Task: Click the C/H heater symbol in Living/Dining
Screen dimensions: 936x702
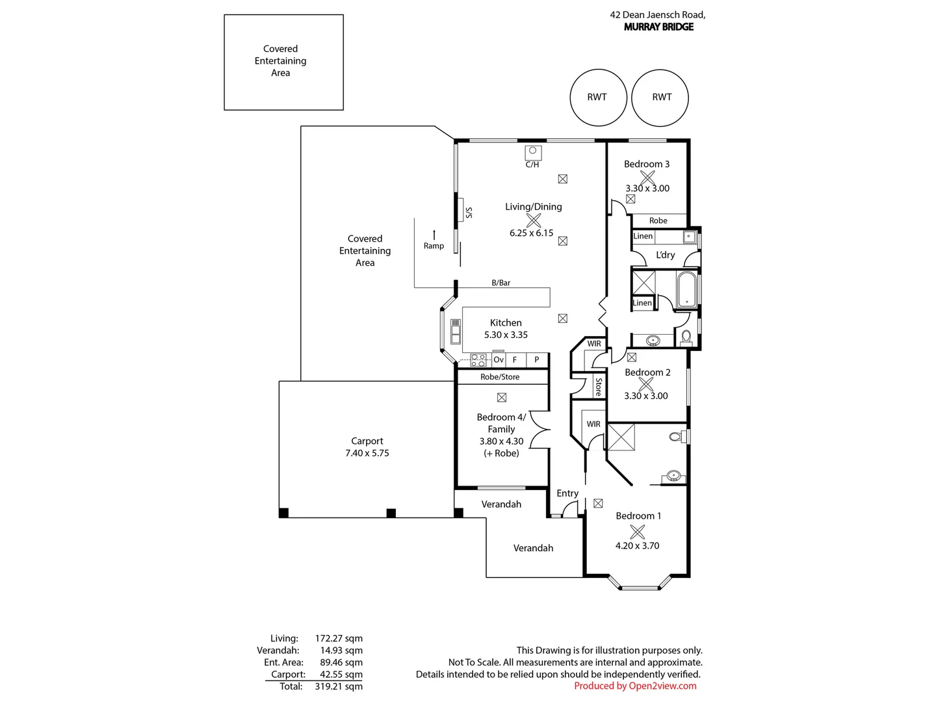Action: (x=532, y=153)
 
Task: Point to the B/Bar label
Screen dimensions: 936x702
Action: (x=500, y=283)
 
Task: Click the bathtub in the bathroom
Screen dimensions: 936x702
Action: (x=686, y=289)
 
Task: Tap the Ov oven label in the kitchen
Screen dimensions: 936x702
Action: (x=499, y=359)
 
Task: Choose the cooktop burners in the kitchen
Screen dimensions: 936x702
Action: (x=478, y=360)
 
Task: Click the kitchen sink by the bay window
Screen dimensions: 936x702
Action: (x=456, y=331)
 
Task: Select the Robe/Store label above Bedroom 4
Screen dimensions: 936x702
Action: (x=500, y=377)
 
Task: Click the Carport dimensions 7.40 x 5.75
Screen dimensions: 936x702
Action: (x=367, y=453)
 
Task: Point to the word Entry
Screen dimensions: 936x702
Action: (x=567, y=493)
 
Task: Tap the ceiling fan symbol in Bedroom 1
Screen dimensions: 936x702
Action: (x=637, y=532)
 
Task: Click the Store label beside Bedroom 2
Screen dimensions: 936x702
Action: (x=598, y=387)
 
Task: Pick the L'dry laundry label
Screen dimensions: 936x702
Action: (x=665, y=255)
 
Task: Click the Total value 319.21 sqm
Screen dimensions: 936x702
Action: (x=339, y=686)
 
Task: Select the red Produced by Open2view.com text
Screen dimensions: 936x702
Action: (x=635, y=686)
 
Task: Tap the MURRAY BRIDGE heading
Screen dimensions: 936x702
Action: (x=658, y=27)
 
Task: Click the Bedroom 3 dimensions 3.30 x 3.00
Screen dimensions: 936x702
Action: (x=647, y=188)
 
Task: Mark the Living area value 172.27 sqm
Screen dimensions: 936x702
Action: (x=339, y=638)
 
